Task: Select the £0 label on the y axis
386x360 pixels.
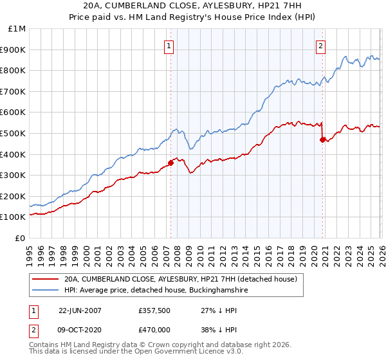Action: pos(20,238)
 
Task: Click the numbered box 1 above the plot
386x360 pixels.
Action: pos(169,46)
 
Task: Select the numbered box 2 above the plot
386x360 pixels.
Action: pos(320,46)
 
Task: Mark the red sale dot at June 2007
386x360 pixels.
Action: pos(171,163)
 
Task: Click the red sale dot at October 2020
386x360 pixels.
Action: pos(322,139)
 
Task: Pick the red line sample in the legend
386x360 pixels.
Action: pos(44,280)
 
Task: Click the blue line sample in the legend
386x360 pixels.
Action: pos(44,291)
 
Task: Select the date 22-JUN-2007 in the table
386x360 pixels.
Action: pos(80,310)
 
